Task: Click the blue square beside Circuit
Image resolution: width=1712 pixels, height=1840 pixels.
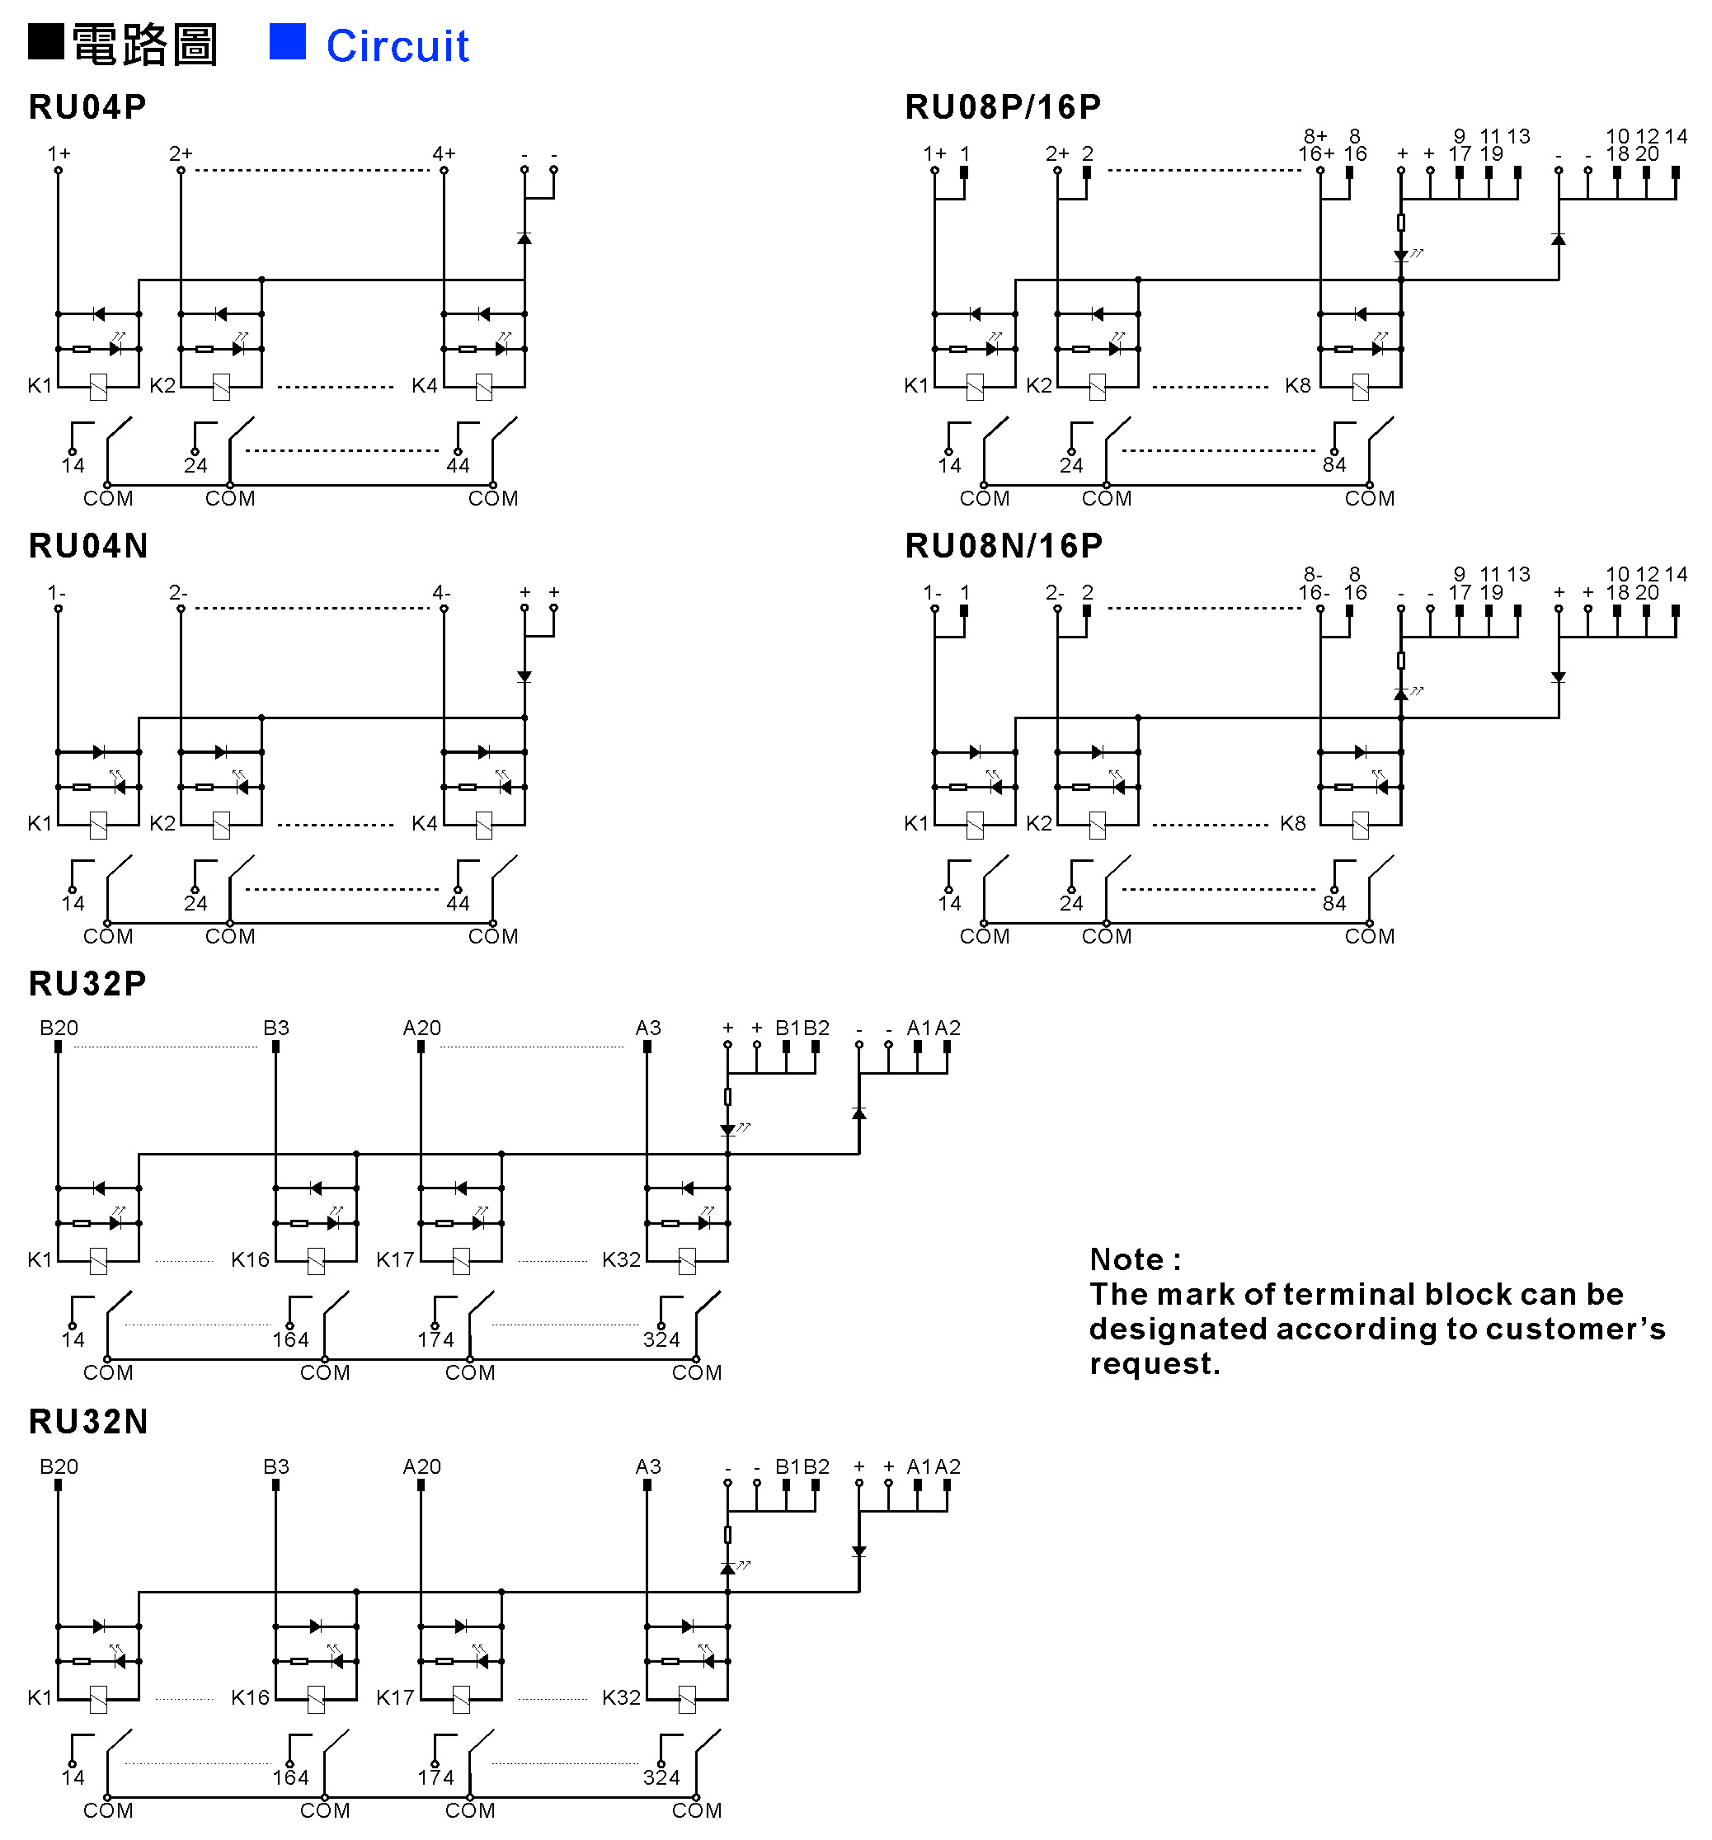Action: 287,42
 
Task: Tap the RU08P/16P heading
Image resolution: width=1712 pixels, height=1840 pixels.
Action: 1003,106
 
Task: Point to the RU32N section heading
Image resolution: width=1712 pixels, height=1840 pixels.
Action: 88,1422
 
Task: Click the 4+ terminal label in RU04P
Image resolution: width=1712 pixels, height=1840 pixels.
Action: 444,153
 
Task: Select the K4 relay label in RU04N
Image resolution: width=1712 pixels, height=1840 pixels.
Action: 425,823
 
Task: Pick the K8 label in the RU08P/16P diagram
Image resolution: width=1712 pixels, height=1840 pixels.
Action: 1297,385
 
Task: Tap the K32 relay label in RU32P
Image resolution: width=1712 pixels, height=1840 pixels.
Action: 621,1259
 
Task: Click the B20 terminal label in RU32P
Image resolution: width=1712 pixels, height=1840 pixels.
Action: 59,1028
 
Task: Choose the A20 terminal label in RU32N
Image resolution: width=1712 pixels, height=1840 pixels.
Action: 422,1467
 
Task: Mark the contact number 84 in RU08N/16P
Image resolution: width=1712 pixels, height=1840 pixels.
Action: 1334,902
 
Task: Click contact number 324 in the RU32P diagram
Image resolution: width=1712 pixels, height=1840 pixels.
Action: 661,1339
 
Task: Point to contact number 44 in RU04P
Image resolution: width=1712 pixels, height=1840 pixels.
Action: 458,464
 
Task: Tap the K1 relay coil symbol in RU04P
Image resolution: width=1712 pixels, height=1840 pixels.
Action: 98,387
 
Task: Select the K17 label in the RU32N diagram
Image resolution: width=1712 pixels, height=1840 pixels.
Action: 395,1697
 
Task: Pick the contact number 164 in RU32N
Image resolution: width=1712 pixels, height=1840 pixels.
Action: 290,1777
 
